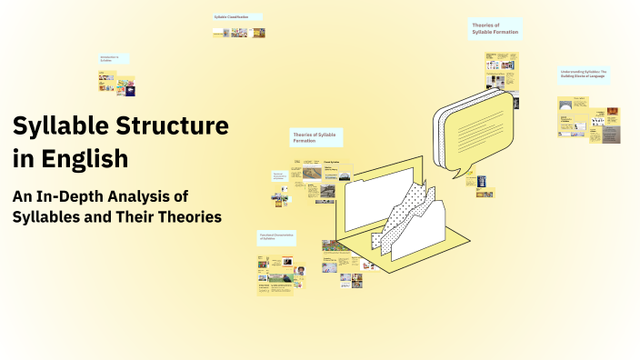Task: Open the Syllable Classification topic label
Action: [x=237, y=17]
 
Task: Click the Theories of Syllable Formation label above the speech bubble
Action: [x=495, y=28]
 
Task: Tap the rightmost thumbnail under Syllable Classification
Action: [x=259, y=33]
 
